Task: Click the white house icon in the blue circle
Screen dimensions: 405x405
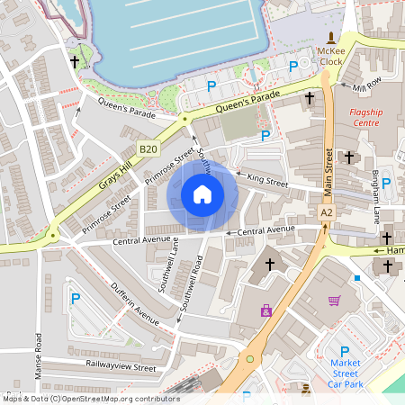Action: (202, 194)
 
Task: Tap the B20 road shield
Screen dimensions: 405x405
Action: (148, 149)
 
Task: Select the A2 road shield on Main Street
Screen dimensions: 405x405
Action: (326, 211)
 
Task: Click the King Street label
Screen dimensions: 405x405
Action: (266, 182)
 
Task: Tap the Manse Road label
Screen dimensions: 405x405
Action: (39, 355)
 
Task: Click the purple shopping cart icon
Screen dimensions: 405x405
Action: (335, 301)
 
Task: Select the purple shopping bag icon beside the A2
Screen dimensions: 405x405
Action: (266, 310)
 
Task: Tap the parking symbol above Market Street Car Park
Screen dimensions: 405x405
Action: (344, 352)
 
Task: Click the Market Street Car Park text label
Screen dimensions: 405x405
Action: (344, 375)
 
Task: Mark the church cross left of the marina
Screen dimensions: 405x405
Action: (74, 61)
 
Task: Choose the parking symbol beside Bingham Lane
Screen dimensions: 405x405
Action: (386, 183)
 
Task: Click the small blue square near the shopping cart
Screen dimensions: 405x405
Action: (357, 278)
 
